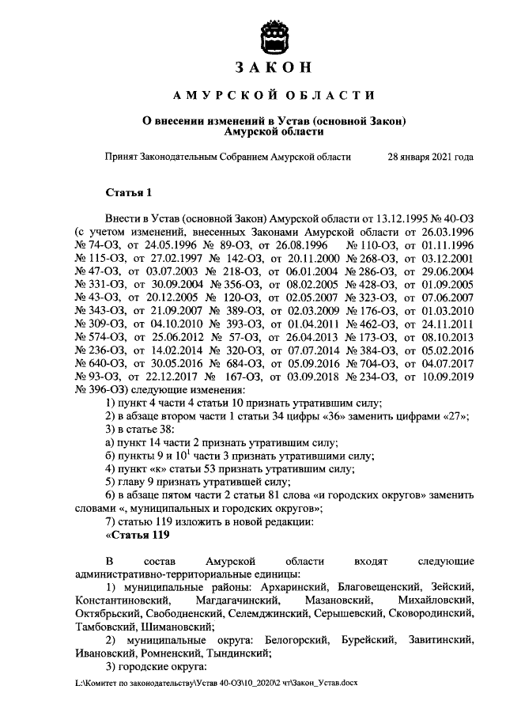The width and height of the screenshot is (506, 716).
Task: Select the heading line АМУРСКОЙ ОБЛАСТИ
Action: click(x=274, y=96)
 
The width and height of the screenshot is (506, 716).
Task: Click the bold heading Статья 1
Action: click(x=127, y=192)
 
